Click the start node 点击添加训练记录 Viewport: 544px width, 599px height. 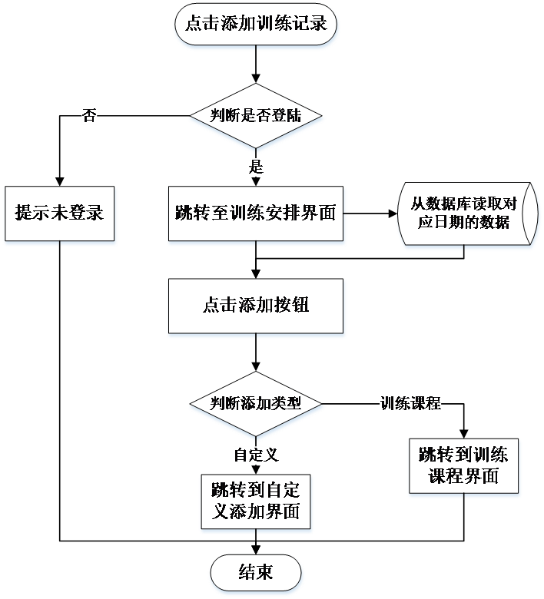256,24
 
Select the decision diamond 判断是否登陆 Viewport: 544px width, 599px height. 256,116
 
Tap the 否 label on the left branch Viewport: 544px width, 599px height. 89,115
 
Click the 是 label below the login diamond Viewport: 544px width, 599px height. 256,167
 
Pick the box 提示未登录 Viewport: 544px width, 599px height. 60,213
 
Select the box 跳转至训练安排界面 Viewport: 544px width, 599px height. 256,213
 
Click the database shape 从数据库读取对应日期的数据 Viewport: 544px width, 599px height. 467,213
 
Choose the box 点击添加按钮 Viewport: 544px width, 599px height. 256,306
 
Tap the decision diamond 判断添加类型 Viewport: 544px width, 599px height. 256,404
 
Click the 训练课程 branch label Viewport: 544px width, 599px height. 410,403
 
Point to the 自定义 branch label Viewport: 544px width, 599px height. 256,455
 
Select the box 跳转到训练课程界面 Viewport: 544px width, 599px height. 464,466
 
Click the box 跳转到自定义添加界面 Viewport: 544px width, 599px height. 256,501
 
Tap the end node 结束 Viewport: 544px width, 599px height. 256,573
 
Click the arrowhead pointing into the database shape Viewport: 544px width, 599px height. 393,213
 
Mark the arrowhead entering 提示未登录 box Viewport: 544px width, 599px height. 60,181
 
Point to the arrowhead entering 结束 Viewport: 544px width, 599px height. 256,550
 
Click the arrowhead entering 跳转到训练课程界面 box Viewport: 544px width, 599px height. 464,434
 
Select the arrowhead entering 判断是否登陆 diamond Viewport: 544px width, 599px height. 256,78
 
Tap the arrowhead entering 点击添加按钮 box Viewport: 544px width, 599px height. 256,274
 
